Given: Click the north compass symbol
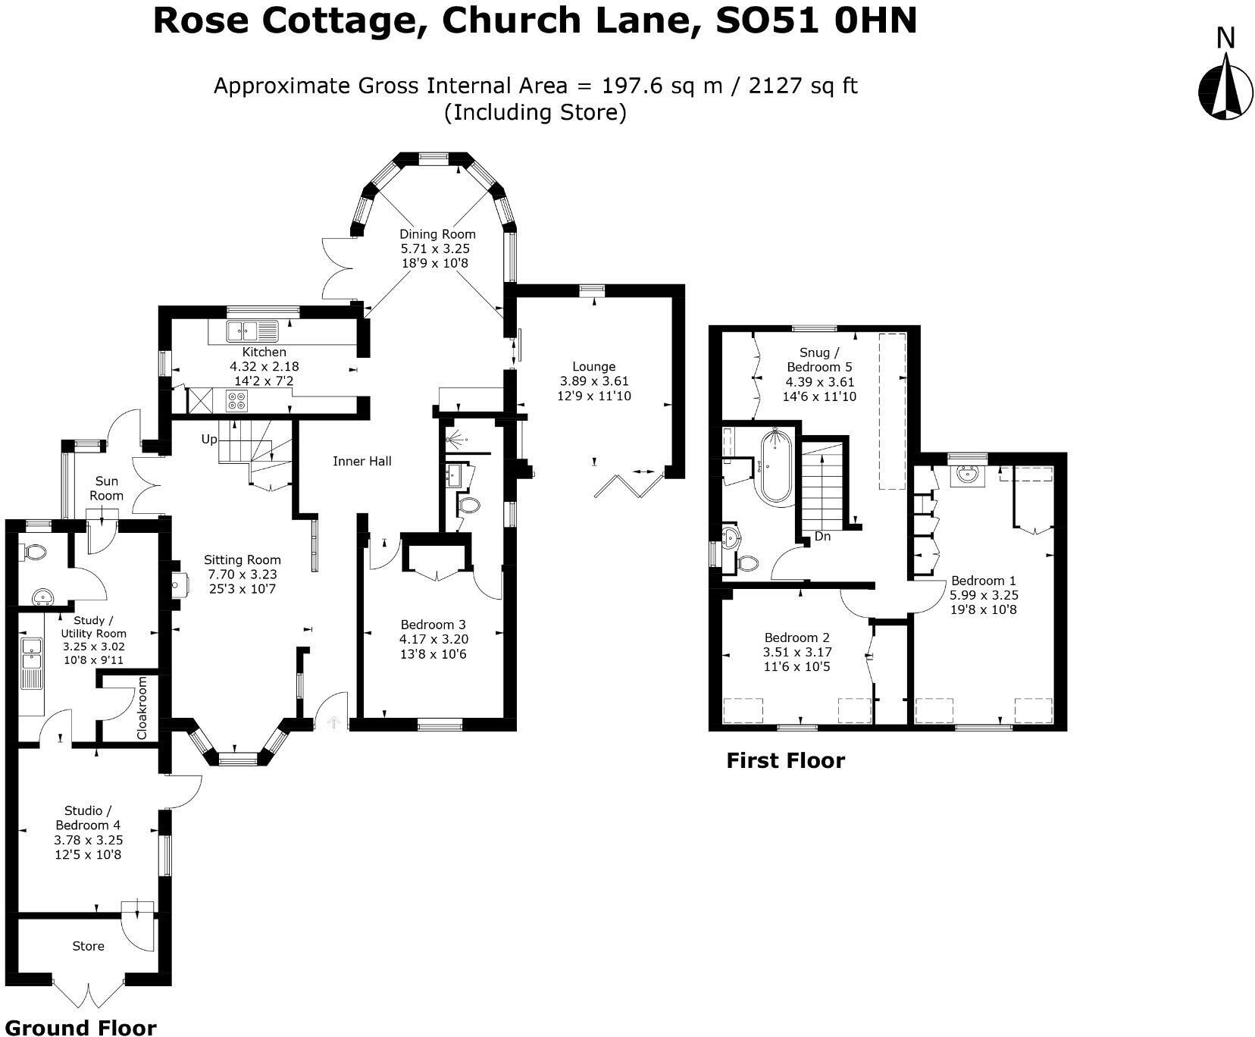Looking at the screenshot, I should [x=1225, y=91].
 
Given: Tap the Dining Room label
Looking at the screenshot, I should [x=437, y=234].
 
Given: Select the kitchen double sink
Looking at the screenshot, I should [x=252, y=330].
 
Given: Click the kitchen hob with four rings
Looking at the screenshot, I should [x=236, y=399].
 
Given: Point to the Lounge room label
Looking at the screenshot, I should [x=593, y=367].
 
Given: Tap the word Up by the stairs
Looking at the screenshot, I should [x=209, y=439].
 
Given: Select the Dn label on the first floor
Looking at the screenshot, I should [x=822, y=537].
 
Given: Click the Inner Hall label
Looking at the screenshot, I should [x=362, y=461].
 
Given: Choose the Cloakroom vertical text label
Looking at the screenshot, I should [x=142, y=708].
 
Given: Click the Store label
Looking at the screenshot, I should [x=88, y=946].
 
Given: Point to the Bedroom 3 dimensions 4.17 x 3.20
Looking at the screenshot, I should [x=433, y=639].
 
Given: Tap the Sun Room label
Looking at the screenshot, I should [x=106, y=488].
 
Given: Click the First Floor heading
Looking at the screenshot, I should [x=785, y=760].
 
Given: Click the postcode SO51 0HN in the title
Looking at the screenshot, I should [x=817, y=21].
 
